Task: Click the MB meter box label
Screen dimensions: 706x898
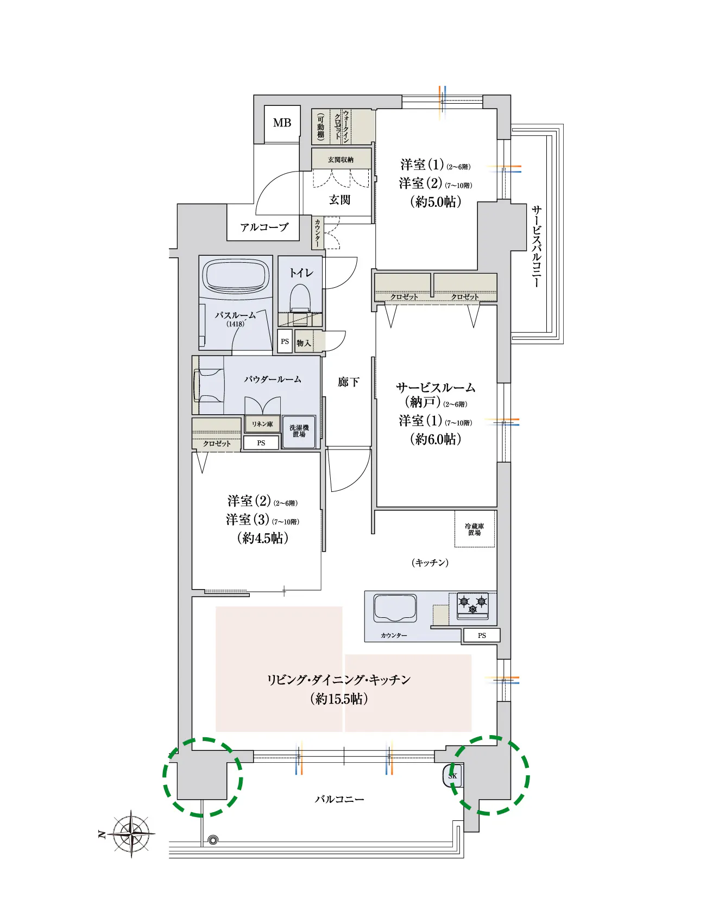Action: tap(282, 123)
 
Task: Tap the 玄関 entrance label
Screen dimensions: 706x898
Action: tap(339, 200)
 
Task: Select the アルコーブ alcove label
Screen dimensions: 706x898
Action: tap(264, 227)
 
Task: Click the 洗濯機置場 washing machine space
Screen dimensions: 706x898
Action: tap(299, 432)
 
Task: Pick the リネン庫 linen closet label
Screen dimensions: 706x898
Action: tap(262, 424)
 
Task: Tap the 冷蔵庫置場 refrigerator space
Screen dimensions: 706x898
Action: tap(475, 529)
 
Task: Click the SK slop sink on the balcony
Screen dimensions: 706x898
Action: tap(452, 776)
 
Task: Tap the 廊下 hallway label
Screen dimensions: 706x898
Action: tap(348, 382)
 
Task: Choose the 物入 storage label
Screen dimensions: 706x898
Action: tap(304, 343)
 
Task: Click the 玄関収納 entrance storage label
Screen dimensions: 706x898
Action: tap(341, 160)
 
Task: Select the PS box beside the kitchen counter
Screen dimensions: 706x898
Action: tap(482, 635)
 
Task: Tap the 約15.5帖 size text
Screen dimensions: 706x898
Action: tap(339, 699)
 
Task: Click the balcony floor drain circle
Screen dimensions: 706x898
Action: tap(213, 839)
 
